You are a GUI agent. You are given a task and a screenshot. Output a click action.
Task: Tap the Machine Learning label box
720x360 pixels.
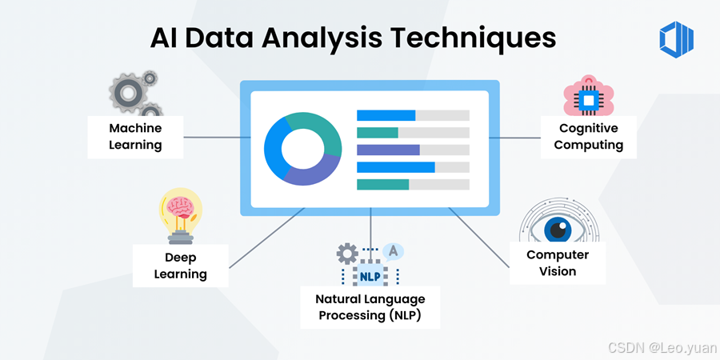pyautogui.click(x=136, y=137)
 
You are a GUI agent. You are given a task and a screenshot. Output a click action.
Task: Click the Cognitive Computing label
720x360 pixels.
pyautogui.click(x=589, y=137)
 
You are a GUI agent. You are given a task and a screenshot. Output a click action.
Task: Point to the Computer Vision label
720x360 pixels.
pyautogui.click(x=558, y=263)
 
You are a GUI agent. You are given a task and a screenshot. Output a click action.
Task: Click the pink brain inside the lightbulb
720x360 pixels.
pyautogui.click(x=180, y=206)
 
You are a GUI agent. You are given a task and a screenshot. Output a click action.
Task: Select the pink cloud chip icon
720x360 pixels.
pyautogui.click(x=588, y=96)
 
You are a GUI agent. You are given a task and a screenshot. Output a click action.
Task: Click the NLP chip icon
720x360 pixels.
pyautogui.click(x=370, y=274)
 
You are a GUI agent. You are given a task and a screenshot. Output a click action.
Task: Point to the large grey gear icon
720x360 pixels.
pyautogui.click(x=127, y=93)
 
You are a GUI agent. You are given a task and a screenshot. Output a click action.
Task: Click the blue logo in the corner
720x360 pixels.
pyautogui.click(x=676, y=38)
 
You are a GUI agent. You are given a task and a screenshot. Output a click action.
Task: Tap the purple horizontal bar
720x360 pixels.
pyautogui.click(x=388, y=150)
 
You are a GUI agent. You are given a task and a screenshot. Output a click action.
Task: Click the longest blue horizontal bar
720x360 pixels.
pyautogui.click(x=395, y=167)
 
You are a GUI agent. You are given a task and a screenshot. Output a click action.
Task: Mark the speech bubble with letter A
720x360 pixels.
pyautogui.click(x=392, y=251)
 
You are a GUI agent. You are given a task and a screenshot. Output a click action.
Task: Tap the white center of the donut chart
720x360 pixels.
pyautogui.click(x=302, y=150)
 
